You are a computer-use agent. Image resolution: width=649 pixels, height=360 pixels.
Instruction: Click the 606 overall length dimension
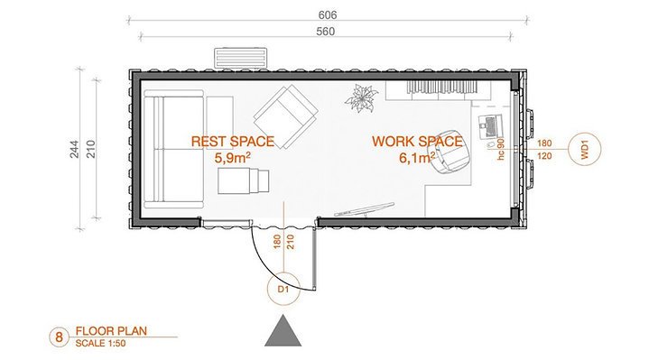328,15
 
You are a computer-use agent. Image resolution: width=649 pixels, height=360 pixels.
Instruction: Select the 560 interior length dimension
325,32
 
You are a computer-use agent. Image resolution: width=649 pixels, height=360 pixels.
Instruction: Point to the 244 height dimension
75,149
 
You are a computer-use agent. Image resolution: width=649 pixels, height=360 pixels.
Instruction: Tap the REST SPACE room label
233,142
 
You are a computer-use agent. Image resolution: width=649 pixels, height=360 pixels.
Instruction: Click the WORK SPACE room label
417,142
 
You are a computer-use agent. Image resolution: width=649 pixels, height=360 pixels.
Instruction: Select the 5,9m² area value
233,158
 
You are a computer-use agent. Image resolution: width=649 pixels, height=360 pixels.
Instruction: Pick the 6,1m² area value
417,158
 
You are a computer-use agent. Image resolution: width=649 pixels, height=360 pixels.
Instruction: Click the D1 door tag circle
283,289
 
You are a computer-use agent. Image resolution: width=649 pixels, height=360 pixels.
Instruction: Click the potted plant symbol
361,98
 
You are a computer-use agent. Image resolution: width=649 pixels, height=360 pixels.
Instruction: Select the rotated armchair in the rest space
285,116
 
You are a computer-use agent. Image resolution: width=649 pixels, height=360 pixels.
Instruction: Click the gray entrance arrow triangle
283,330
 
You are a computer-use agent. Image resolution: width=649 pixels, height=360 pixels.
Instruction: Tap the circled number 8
59,337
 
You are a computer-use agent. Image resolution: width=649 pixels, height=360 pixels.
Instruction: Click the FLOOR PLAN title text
111,331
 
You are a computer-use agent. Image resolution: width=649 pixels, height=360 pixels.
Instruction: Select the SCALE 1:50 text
100,343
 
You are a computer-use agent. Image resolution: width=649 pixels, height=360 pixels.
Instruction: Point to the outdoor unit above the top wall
240,57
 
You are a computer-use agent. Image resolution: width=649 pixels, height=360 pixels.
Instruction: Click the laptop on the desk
490,126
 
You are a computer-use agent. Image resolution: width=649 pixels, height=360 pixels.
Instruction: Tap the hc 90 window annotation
501,149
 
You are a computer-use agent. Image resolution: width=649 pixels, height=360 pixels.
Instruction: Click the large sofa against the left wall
174,150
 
